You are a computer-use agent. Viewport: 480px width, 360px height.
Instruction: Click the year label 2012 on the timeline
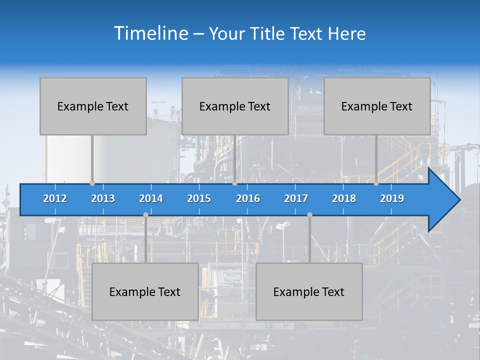(x=55, y=198)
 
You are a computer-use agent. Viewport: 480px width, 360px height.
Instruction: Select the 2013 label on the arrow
(x=103, y=198)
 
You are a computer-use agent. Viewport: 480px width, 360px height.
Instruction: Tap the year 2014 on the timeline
(x=151, y=198)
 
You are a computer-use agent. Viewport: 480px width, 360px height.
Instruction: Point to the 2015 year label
(x=199, y=198)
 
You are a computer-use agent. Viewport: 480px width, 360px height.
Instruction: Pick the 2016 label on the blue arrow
(x=248, y=198)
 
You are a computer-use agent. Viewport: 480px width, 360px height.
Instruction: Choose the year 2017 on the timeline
(x=296, y=198)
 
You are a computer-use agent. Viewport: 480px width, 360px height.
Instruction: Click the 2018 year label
(x=344, y=198)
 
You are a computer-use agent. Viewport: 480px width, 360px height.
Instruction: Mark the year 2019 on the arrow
(x=392, y=198)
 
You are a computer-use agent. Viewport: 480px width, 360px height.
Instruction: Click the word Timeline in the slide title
(x=150, y=33)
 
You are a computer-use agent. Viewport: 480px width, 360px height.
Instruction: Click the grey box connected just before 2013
(x=93, y=106)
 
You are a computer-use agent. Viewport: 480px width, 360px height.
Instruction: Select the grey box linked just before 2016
(x=235, y=106)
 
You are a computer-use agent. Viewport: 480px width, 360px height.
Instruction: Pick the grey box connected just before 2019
(x=377, y=106)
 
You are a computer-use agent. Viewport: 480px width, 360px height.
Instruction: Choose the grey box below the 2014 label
(x=145, y=291)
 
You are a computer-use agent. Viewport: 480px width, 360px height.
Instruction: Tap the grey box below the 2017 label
(x=309, y=291)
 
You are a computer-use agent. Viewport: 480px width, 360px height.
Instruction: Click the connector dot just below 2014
(x=145, y=214)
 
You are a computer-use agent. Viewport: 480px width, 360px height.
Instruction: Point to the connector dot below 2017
(x=309, y=214)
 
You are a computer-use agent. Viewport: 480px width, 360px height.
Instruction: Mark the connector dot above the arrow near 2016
(x=235, y=183)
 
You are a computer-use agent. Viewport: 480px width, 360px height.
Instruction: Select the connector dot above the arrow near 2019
(x=376, y=183)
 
